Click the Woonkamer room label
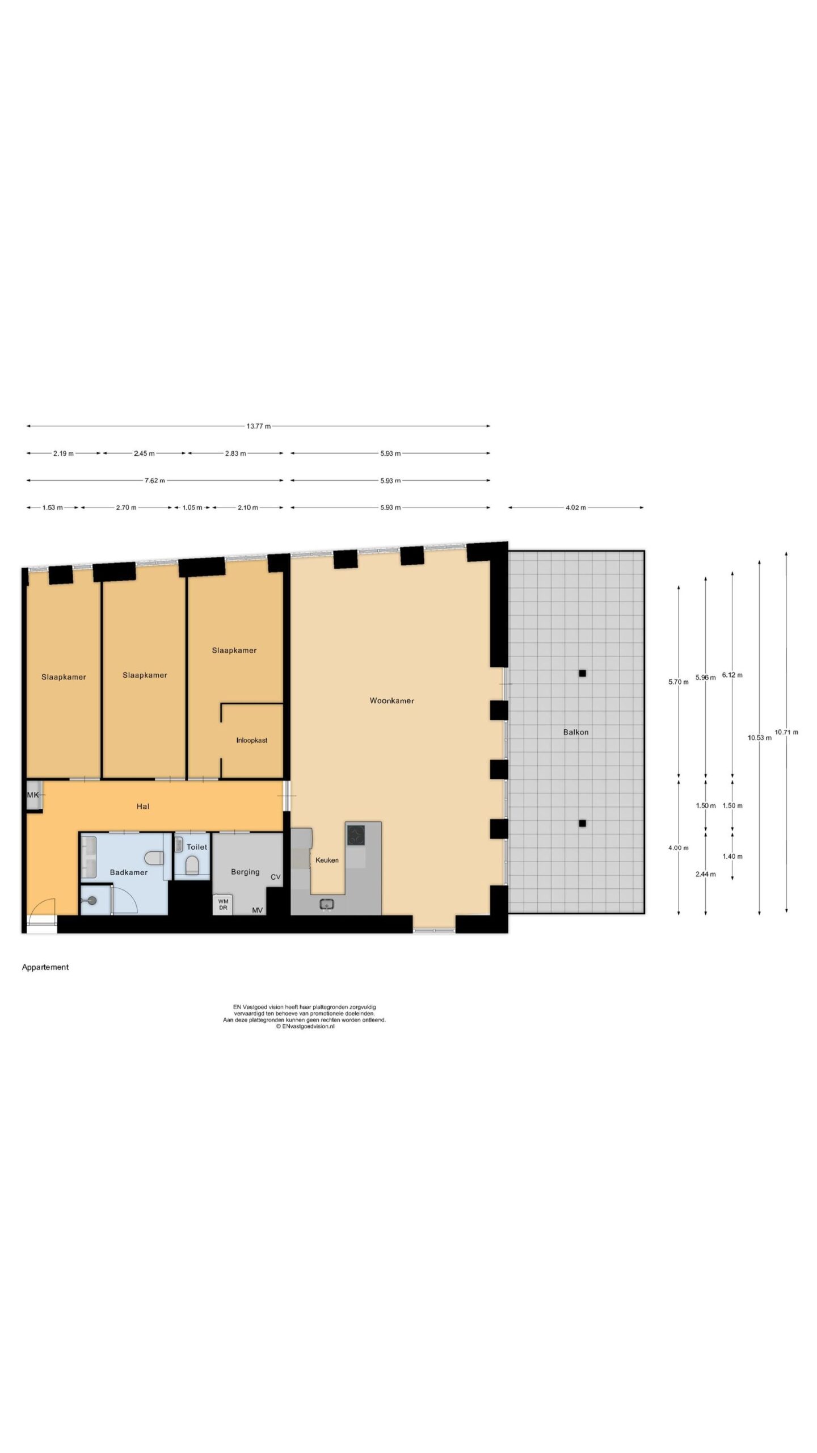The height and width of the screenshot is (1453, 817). tap(391, 700)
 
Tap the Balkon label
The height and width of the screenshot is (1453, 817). tap(575, 732)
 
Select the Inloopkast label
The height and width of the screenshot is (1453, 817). tap(252, 740)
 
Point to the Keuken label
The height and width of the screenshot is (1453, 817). tap(327, 860)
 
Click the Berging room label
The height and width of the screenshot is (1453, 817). tap(245, 871)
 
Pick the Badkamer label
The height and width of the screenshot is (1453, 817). tap(129, 872)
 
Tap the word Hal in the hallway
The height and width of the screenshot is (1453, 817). tap(142, 806)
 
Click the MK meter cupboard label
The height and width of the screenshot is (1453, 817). tap(33, 795)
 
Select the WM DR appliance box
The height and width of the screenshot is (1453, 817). tap(223, 904)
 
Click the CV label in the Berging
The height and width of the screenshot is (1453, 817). tap(275, 877)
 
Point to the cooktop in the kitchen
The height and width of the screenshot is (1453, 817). tap(356, 834)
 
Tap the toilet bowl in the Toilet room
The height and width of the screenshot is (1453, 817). tap(191, 865)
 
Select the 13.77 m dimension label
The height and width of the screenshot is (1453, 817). tap(258, 426)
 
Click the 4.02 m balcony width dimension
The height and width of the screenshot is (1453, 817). tap(575, 507)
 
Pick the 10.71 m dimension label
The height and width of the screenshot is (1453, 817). tap(786, 732)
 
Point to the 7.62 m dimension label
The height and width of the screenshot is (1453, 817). tap(154, 480)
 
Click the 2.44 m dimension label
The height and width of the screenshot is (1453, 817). tap(705, 874)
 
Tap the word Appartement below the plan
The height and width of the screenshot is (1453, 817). tap(45, 967)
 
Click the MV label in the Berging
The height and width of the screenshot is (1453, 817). tap(258, 910)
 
